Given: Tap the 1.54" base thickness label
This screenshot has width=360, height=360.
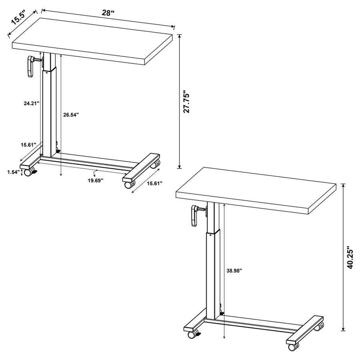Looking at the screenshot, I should (14, 171).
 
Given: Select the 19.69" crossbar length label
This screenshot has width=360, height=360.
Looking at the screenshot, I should (95, 180).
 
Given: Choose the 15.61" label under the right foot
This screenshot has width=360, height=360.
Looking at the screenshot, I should (153, 184).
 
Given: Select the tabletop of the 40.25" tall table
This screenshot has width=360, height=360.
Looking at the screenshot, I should (262, 189).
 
